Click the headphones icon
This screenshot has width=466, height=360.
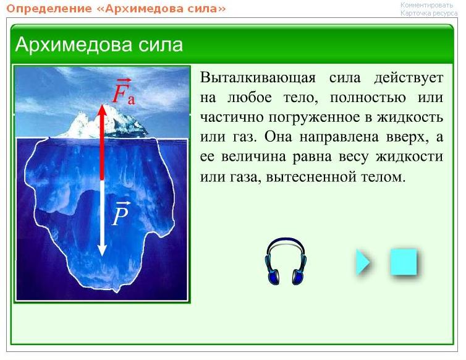(x=286, y=262)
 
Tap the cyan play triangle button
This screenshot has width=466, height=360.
(x=363, y=262)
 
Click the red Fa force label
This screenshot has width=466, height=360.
(x=124, y=92)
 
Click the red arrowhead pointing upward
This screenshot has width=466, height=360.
(x=102, y=110)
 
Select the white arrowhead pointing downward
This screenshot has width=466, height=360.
(x=102, y=251)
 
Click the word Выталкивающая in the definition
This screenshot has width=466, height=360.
(x=258, y=78)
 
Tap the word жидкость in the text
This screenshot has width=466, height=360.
(x=410, y=118)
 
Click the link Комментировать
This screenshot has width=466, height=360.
(x=427, y=5)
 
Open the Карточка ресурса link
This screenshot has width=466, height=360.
(x=429, y=14)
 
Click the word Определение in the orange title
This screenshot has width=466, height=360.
(x=49, y=9)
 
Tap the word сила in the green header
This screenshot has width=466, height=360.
(x=161, y=45)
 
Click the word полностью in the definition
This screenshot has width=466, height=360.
(x=368, y=98)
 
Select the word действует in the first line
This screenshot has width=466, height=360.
(x=409, y=79)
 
